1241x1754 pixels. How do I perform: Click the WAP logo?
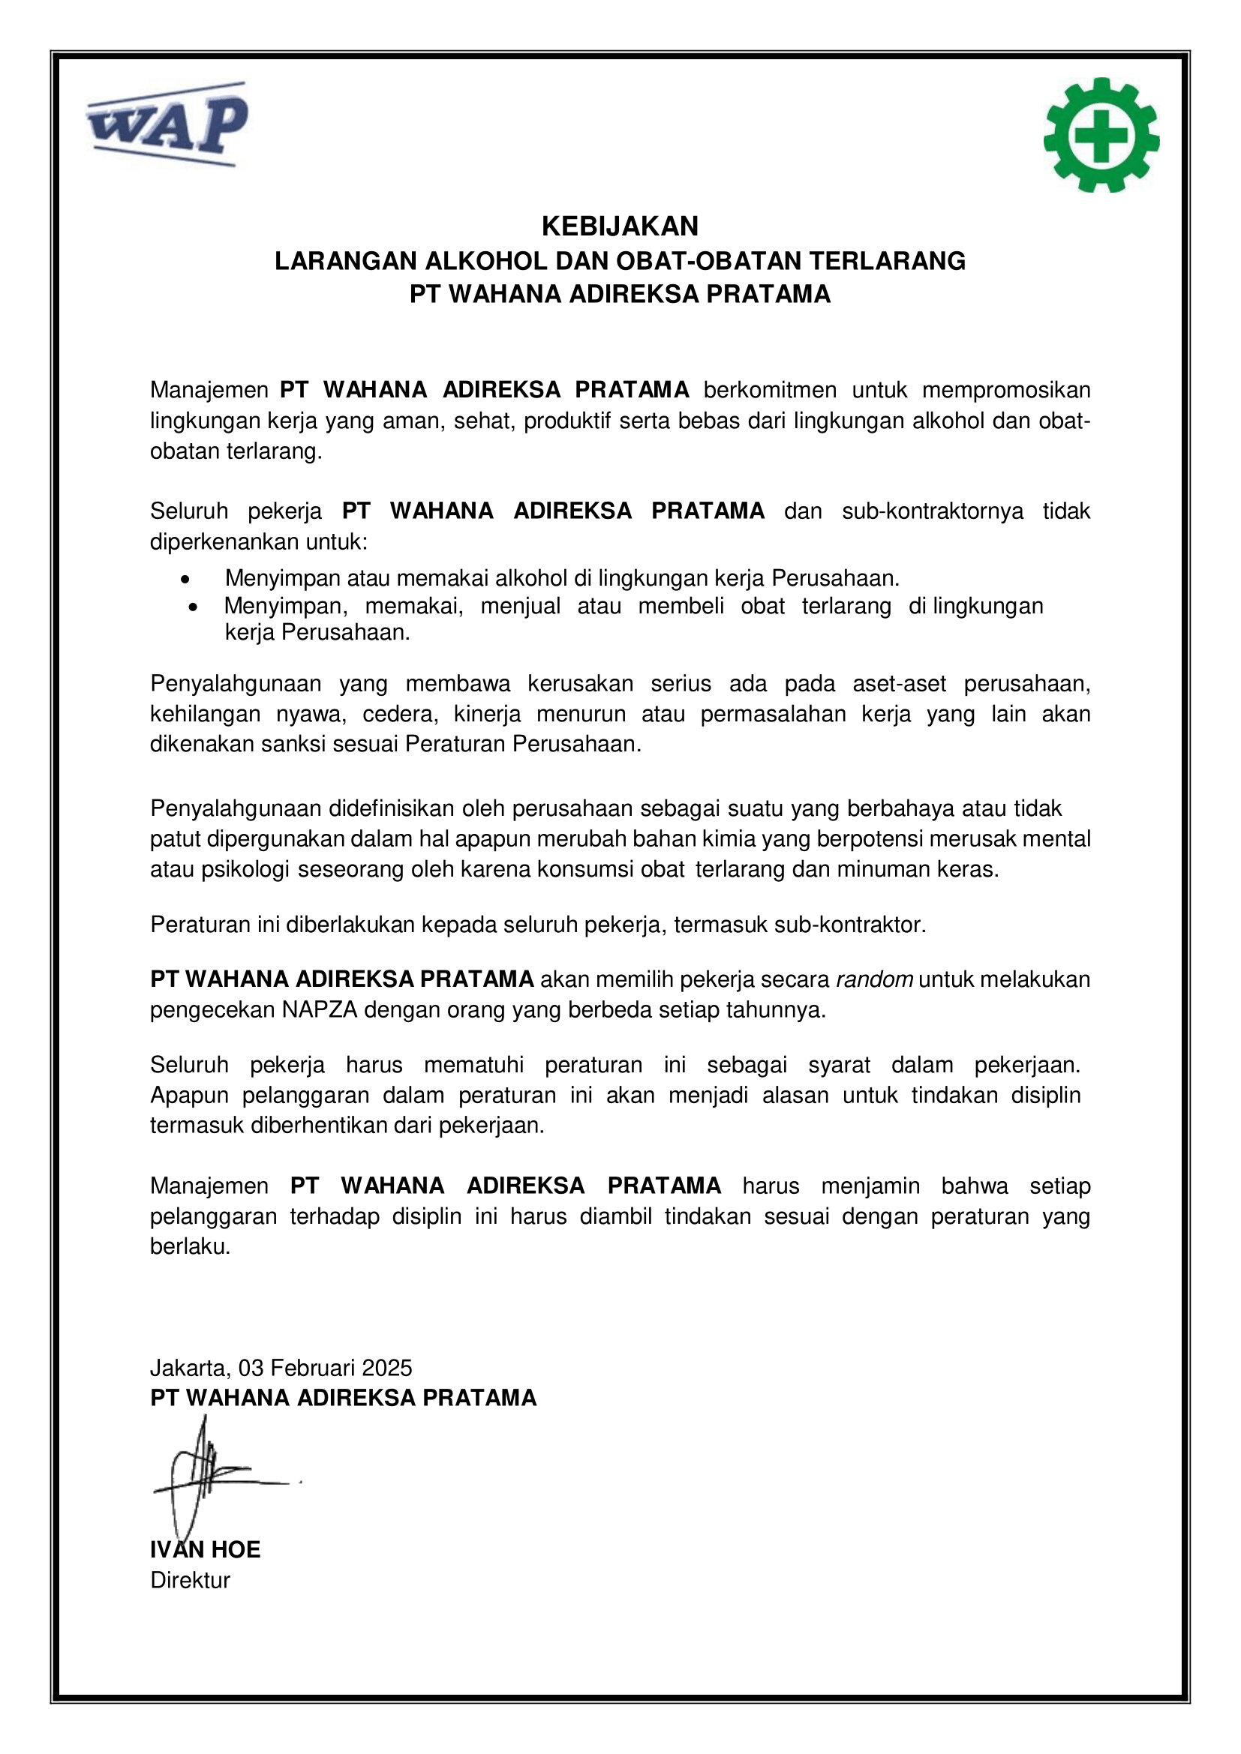point(167,124)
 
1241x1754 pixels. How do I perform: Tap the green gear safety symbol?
point(1101,134)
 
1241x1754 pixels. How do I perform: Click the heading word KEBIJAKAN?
point(620,226)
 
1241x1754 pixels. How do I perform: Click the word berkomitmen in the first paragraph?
point(770,390)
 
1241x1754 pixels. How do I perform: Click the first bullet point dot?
point(185,579)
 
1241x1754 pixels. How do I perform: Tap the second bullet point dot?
point(193,607)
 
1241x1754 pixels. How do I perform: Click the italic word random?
point(874,979)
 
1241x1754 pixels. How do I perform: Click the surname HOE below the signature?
point(236,1549)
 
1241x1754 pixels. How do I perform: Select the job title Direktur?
point(191,1580)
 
